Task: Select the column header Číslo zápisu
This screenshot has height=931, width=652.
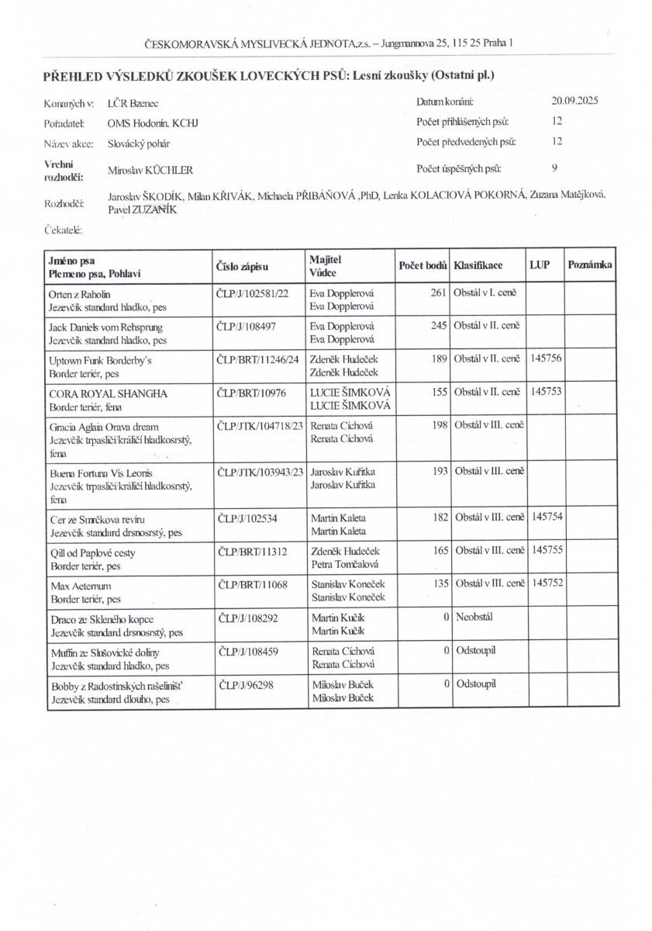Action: click(242, 267)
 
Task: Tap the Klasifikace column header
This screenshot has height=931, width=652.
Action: click(478, 265)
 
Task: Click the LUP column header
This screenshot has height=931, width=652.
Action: click(540, 265)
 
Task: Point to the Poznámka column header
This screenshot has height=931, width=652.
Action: click(591, 265)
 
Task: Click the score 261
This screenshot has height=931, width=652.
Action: click(438, 293)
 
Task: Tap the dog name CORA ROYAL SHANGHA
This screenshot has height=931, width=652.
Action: click(108, 393)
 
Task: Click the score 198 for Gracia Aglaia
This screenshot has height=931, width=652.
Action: click(438, 426)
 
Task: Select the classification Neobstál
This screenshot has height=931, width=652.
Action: click(475, 618)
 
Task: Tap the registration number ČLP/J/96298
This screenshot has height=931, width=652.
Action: click(247, 685)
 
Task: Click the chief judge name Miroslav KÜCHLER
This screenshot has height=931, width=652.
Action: click(150, 170)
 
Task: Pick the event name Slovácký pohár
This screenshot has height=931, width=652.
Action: click(139, 144)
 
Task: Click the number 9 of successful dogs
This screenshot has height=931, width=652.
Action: click(554, 167)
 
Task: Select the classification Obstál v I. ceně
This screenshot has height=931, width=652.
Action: click(490, 293)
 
